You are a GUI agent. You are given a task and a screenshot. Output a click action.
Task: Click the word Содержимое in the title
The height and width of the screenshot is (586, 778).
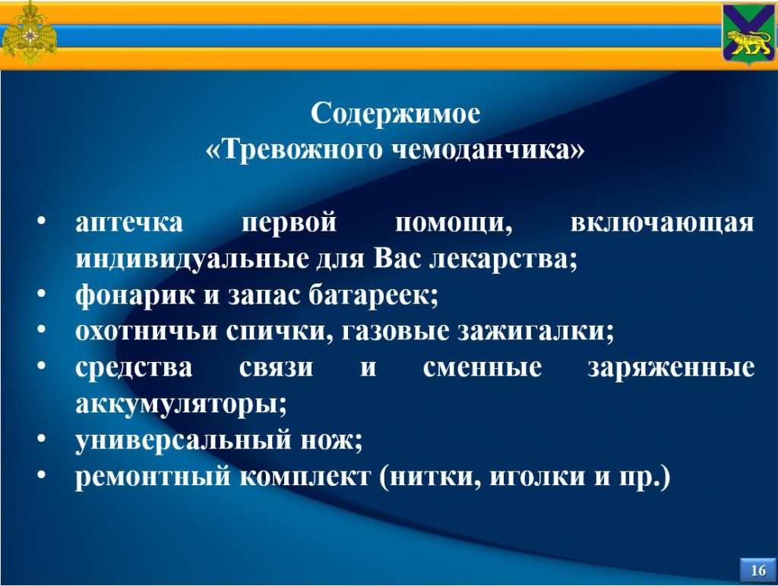click(x=395, y=114)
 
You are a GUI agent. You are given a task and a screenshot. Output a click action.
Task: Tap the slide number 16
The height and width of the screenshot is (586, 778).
click(x=758, y=570)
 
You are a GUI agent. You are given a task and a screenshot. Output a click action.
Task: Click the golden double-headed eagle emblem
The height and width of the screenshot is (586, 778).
click(x=30, y=33)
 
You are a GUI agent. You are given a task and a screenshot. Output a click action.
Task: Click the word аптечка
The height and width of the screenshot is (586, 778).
click(x=129, y=222)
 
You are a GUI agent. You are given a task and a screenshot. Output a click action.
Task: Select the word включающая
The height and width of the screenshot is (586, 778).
click(x=663, y=222)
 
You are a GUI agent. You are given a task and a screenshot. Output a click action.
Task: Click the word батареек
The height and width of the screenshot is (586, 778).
click(x=374, y=295)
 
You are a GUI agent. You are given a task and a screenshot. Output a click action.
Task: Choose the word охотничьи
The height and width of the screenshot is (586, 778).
click(x=147, y=331)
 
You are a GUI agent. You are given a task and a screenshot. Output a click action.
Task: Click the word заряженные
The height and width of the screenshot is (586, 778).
click(x=672, y=368)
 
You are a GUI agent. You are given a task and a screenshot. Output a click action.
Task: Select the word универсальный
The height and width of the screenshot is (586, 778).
click(x=182, y=439)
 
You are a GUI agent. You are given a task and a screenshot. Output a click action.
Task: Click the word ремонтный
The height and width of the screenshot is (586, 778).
click(x=153, y=477)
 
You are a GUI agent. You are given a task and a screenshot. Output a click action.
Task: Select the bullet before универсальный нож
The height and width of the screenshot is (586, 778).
click(x=41, y=438)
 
